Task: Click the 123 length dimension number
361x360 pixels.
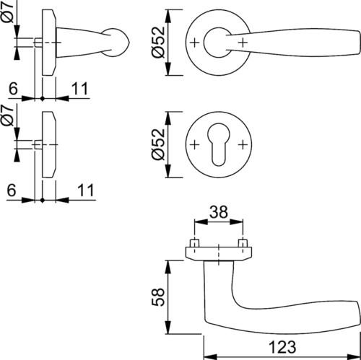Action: pos(282,347)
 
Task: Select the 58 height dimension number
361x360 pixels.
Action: pos(158,297)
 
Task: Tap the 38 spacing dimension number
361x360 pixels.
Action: pos(218,212)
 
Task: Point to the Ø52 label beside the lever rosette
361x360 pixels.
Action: pos(158,42)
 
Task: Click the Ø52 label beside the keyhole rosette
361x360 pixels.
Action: pos(158,144)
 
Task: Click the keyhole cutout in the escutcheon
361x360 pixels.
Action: pos(218,144)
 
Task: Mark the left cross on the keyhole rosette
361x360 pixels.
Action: pos(195,145)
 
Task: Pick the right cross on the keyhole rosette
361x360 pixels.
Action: pos(243,145)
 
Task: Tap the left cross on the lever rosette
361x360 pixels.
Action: pos(195,43)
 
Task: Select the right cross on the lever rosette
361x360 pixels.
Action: pos(243,43)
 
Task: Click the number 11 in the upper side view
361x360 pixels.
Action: pos(80,89)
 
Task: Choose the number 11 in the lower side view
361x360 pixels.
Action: pos(85,190)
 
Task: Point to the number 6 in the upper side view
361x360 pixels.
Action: pos(13,88)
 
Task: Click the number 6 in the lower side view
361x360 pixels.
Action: pos(12,190)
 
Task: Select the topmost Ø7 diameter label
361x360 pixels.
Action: pos(9,12)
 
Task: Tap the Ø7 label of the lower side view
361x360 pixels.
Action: pos(7,115)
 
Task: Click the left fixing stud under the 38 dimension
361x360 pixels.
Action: pos(194,243)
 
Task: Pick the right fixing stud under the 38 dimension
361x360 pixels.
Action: pos(243,243)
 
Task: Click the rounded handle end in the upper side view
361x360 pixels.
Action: pos(117,43)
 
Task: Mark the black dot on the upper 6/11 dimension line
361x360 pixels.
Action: pos(43,98)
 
